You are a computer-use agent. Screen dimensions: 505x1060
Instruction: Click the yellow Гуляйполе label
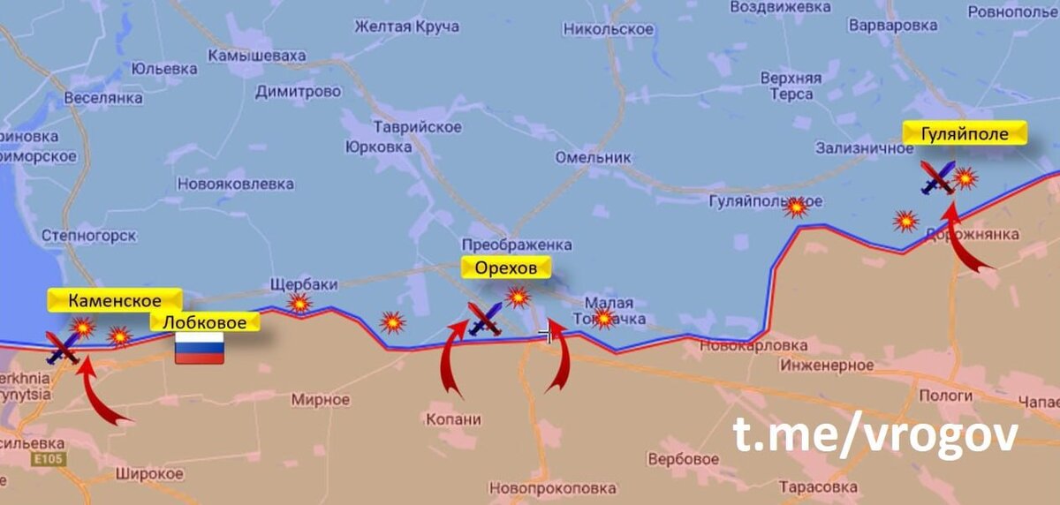pyautogui.click(x=964, y=133)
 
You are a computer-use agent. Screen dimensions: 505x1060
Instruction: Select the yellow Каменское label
pyautogui.click(x=115, y=300)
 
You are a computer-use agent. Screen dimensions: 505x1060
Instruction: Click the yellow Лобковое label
pyautogui.click(x=205, y=322)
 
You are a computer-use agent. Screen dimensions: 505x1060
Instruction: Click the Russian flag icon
pyautogui.click(x=199, y=348)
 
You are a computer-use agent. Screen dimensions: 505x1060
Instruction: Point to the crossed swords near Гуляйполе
pyautogui.click(x=937, y=177)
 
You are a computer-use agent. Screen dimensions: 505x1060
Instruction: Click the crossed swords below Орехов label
pyautogui.click(x=485, y=319)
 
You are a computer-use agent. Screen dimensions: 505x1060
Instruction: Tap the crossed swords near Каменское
pyautogui.click(x=64, y=347)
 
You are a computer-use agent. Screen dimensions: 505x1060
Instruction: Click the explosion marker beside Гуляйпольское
pyautogui.click(x=797, y=207)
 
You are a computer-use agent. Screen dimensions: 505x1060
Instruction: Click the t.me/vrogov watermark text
pyautogui.click(x=874, y=436)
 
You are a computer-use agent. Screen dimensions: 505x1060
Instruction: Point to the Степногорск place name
pyautogui.click(x=88, y=236)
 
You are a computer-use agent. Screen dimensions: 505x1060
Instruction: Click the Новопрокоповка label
pyautogui.click(x=553, y=487)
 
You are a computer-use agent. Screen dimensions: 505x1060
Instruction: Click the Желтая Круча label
pyautogui.click(x=406, y=26)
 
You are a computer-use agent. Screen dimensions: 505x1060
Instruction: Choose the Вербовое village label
pyautogui.click(x=683, y=460)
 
